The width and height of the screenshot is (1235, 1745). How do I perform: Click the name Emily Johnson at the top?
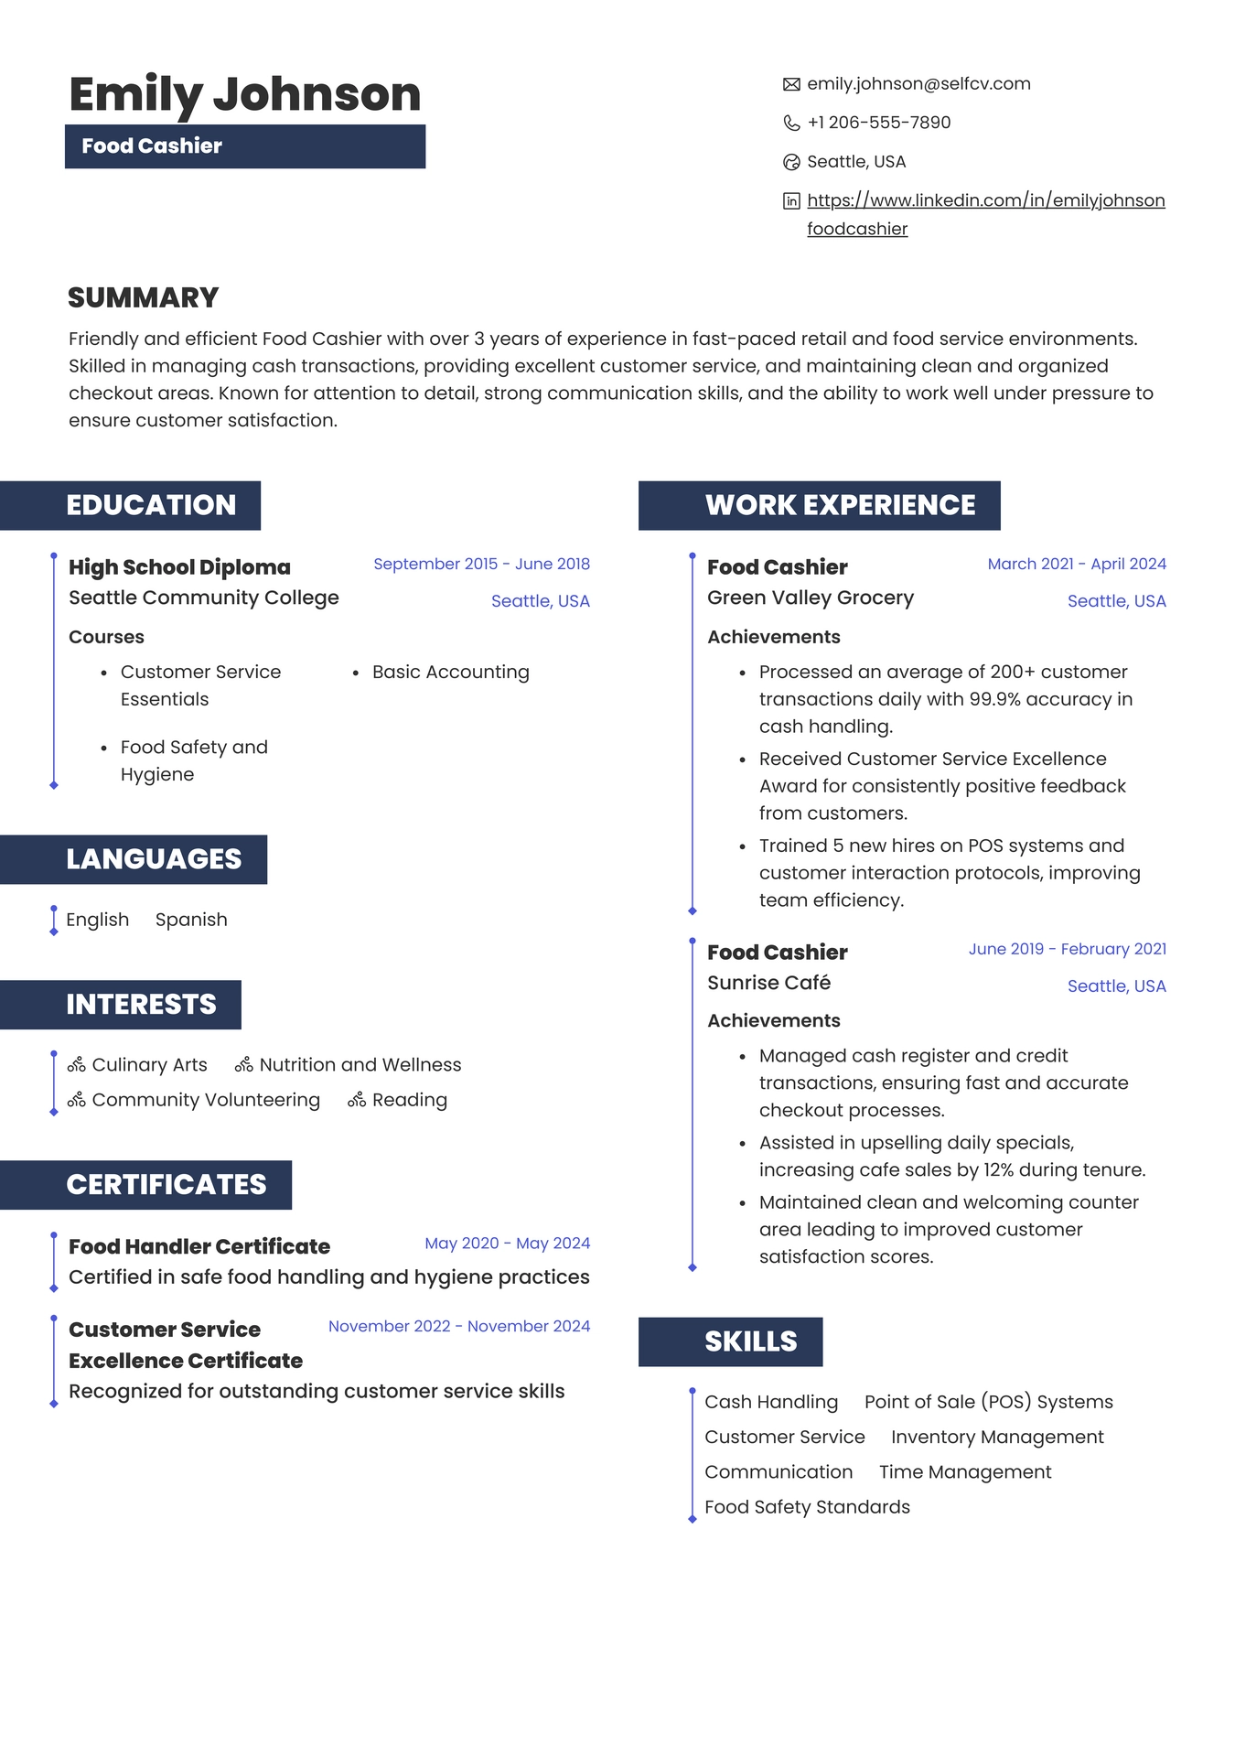pos(244,94)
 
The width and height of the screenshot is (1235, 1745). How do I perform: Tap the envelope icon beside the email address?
pos(791,85)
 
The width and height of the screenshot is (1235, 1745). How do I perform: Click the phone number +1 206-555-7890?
pos(878,123)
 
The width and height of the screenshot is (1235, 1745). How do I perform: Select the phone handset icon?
pos(791,124)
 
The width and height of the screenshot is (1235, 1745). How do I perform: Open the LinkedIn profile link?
pos(985,200)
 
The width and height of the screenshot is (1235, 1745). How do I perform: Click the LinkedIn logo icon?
pos(791,201)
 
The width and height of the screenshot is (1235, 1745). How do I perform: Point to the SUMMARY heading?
pos(144,298)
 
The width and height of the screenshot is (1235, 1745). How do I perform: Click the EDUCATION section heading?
pos(151,505)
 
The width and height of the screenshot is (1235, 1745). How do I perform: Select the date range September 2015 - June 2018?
pos(481,564)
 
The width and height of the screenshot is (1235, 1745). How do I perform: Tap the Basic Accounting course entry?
pos(450,673)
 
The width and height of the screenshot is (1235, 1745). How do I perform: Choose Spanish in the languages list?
pos(191,920)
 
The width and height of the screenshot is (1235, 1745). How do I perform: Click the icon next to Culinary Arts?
pos(77,1065)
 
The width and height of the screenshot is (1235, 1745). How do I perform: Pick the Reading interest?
pos(409,1100)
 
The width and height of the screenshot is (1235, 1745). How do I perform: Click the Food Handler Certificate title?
pos(199,1246)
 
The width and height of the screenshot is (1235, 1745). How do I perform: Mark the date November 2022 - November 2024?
pos(459,1326)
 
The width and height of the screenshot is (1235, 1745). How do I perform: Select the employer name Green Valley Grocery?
pos(811,598)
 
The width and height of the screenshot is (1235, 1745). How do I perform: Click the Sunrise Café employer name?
pos(768,983)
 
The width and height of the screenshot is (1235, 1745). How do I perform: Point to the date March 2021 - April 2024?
pos(1077,564)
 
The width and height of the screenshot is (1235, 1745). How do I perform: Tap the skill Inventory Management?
pos(997,1437)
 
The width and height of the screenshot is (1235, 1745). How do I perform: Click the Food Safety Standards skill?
pos(807,1507)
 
